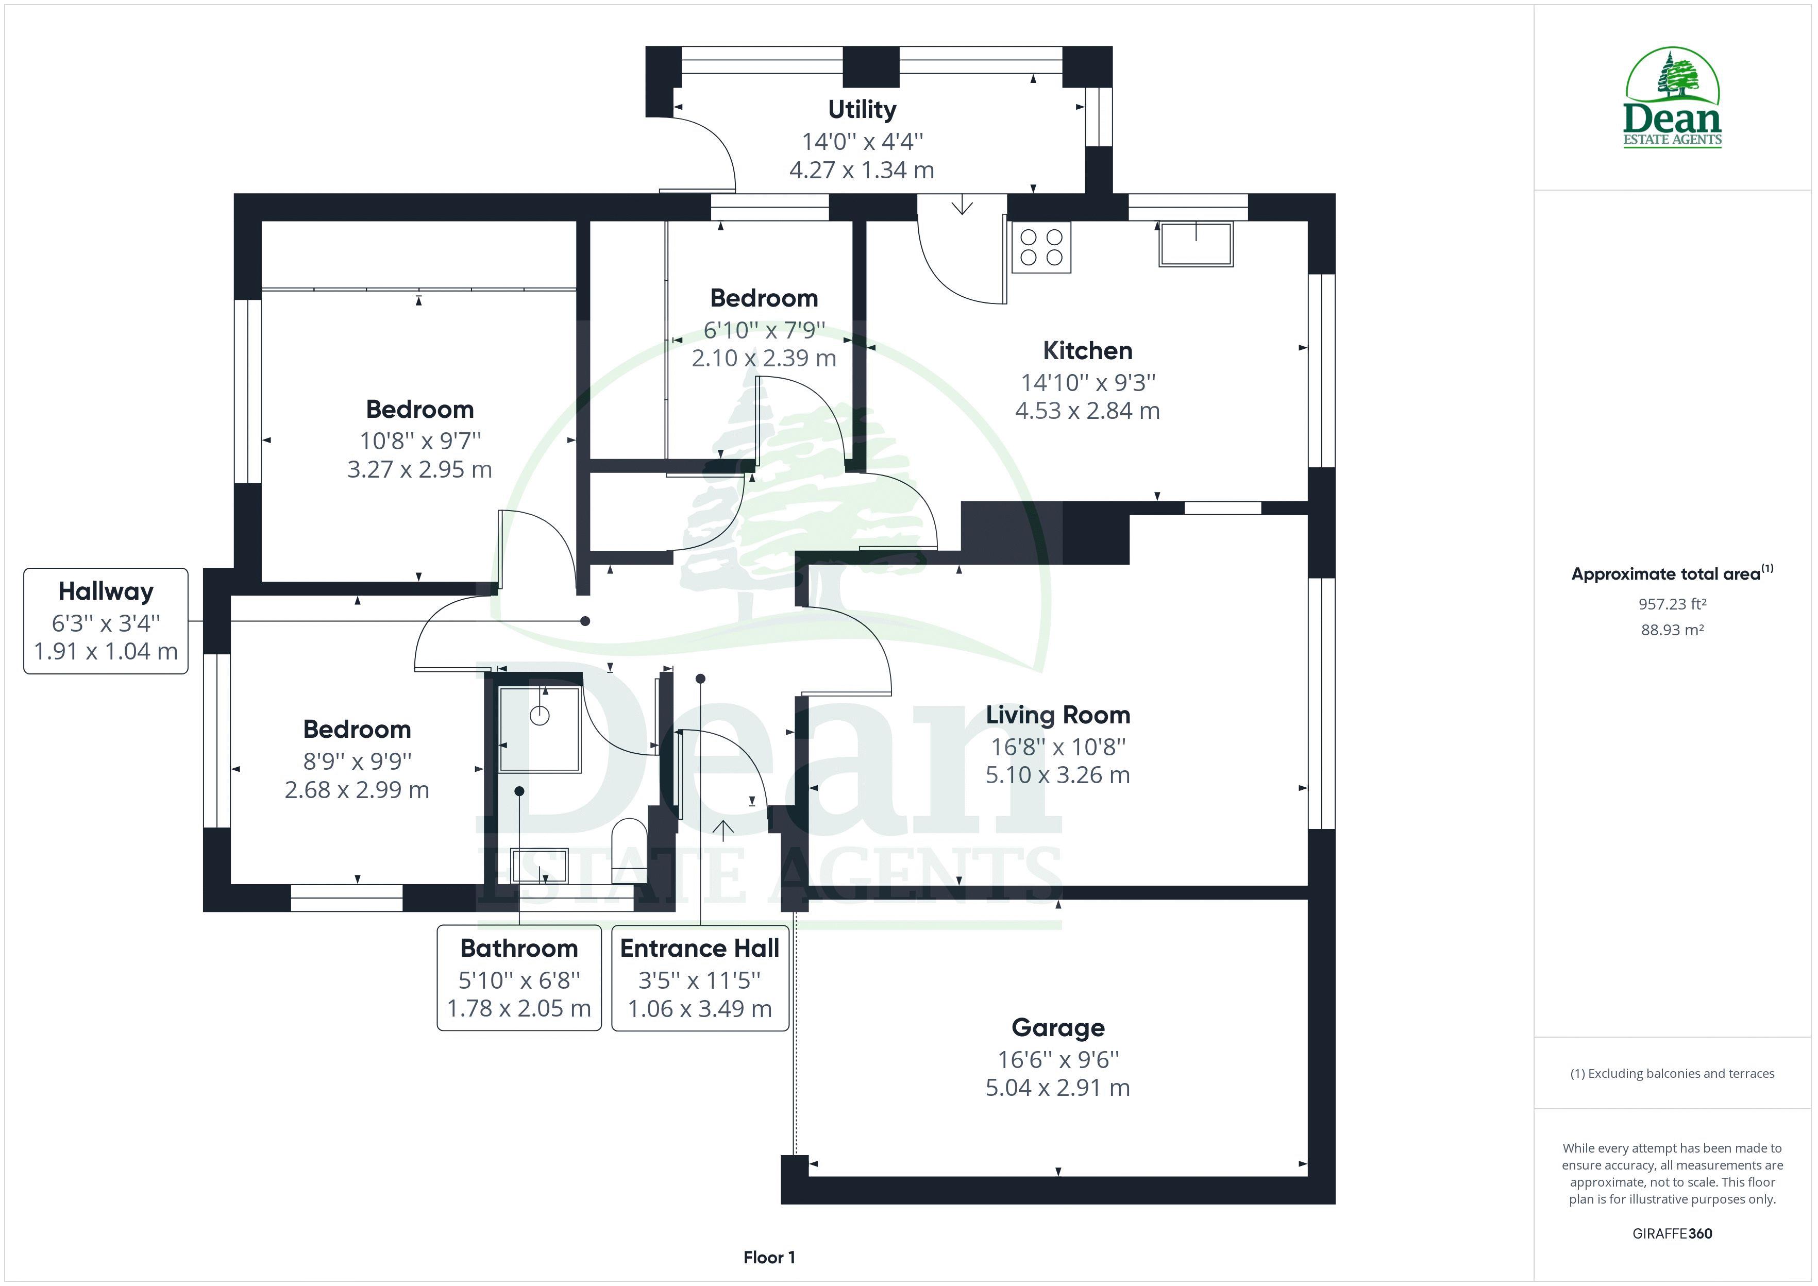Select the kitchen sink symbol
[1196, 243]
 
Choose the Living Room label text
[1058, 715]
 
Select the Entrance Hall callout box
[700, 977]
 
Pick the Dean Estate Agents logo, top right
[1672, 99]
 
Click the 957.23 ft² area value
[1672, 604]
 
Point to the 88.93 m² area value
[1672, 630]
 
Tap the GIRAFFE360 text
[1672, 1233]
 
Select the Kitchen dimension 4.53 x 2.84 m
[1087, 411]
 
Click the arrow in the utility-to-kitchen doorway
[962, 206]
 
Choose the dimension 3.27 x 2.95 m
[419, 469]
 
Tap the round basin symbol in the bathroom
[539, 716]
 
